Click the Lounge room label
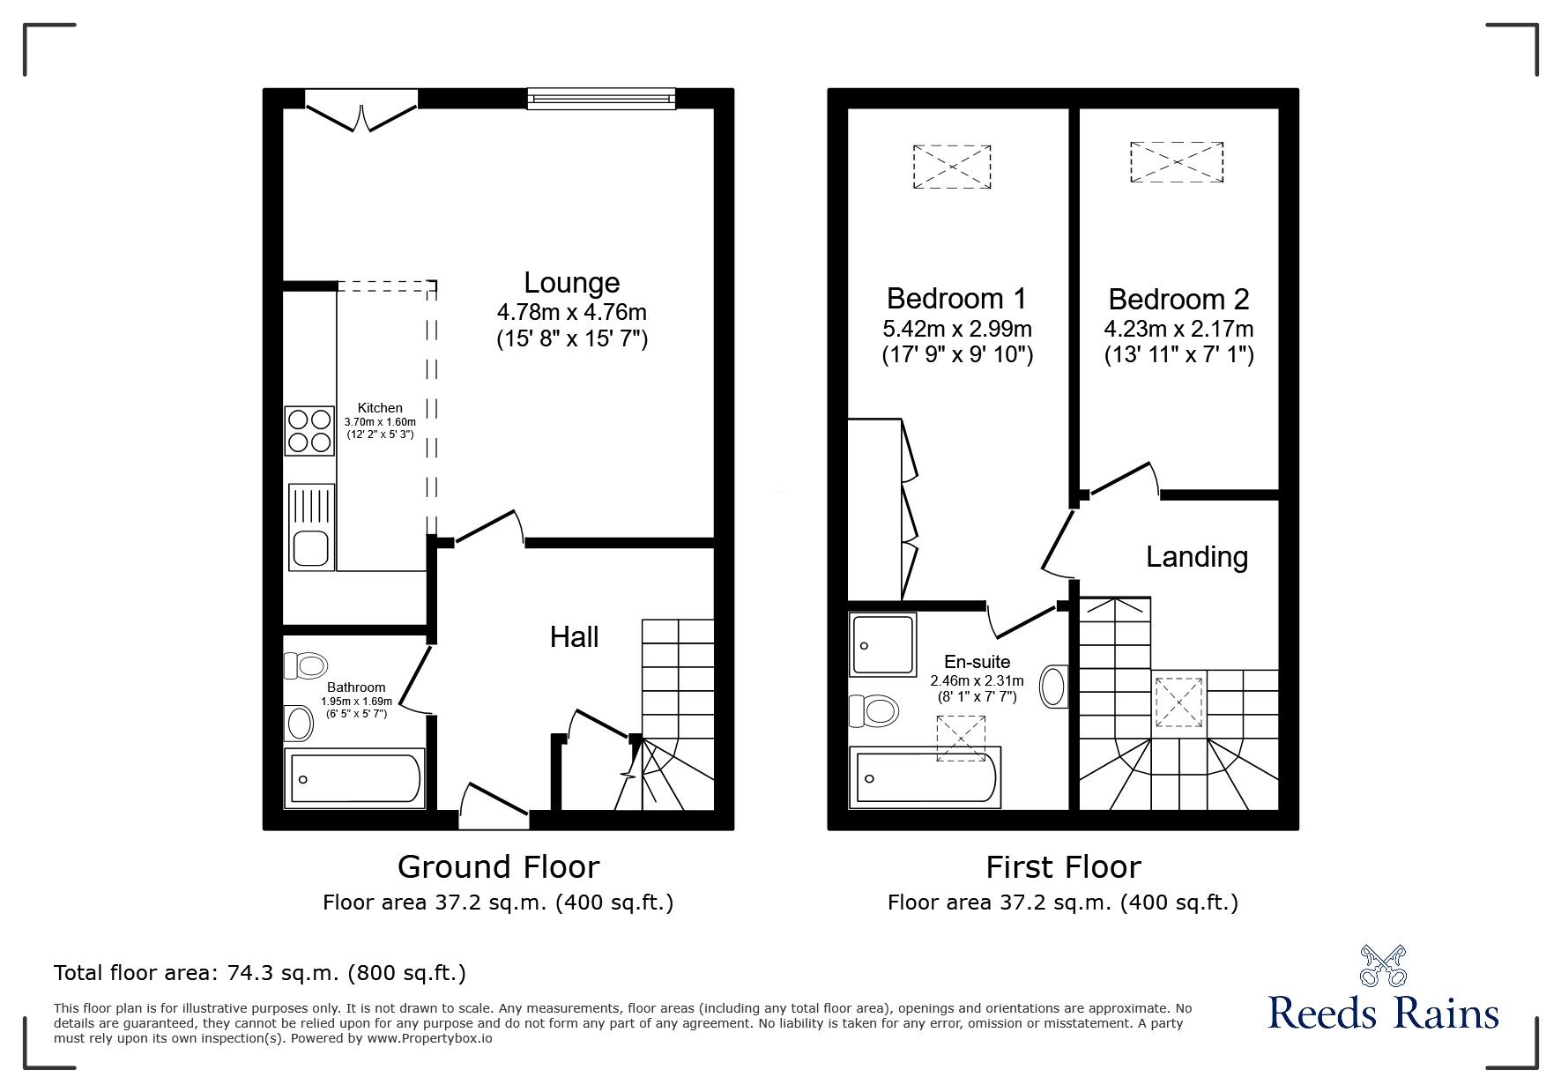[x=572, y=283]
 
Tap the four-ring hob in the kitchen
[x=309, y=430]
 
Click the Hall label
[x=575, y=637]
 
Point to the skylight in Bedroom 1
[x=952, y=167]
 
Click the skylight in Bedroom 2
[x=1178, y=162]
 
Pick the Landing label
[x=1196, y=557]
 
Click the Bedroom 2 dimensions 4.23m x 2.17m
[x=1178, y=329]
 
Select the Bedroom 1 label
[x=956, y=299]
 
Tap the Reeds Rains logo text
[x=1383, y=1014]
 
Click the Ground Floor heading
[x=498, y=867]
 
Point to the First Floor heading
[x=1063, y=867]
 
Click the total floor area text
[x=260, y=973]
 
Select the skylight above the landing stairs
[x=1179, y=702]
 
